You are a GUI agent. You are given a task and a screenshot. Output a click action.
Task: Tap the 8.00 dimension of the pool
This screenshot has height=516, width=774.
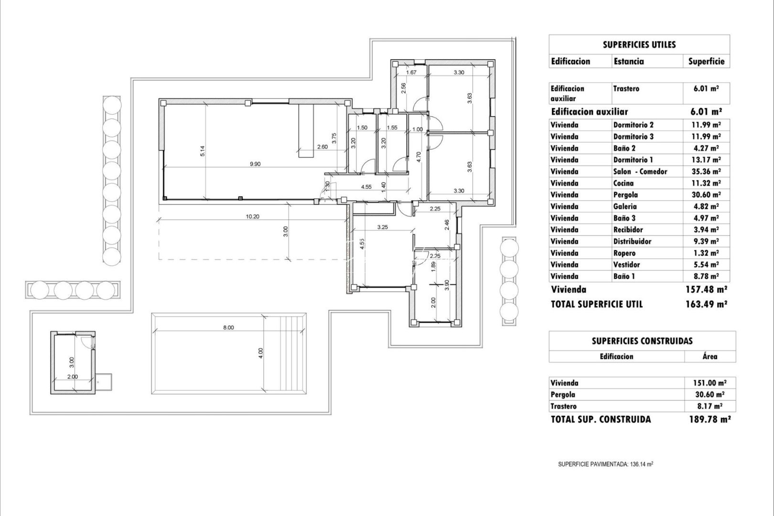(x=228, y=328)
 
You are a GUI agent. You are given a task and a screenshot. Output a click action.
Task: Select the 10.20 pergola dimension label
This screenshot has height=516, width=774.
(x=252, y=216)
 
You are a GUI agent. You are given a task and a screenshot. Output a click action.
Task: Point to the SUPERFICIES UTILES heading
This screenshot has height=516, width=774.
(x=639, y=45)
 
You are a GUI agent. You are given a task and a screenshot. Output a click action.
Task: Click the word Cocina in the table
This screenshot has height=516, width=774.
(x=623, y=183)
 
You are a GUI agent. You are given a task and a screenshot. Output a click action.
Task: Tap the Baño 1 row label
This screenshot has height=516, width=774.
(x=623, y=276)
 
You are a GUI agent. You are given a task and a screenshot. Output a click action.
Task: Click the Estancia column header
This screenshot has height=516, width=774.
(x=628, y=61)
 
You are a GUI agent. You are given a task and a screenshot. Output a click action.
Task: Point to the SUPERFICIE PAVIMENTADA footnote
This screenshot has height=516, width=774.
(x=605, y=464)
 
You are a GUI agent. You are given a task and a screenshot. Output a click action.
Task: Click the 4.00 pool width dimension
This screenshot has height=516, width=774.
(x=260, y=353)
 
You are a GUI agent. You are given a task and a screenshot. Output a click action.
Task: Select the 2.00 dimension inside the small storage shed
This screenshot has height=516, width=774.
(x=73, y=376)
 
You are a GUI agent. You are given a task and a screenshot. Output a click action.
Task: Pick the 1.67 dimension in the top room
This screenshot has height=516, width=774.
(x=411, y=73)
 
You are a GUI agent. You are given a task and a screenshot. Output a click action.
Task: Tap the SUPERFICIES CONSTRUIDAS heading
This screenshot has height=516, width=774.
(x=642, y=341)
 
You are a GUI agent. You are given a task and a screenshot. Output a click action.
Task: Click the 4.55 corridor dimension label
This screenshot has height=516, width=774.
(x=366, y=187)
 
